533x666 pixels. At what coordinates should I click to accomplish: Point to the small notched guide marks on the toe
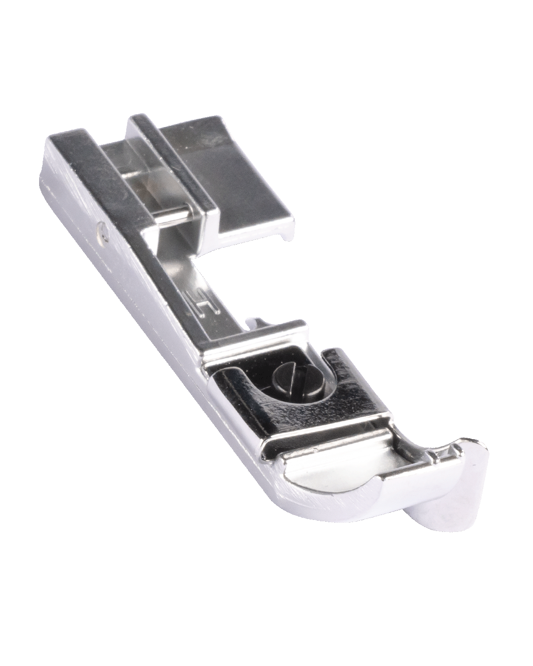tap(440, 455)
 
